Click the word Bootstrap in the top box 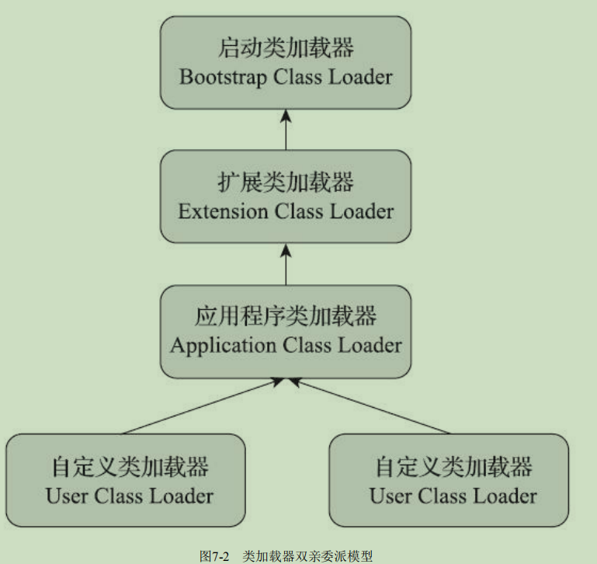[217, 77]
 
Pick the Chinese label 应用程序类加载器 [286, 316]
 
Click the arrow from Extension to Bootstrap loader [286, 129]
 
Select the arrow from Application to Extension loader [286, 263]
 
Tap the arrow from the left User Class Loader [199, 406]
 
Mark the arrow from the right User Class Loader [373, 406]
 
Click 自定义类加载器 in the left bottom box [127, 467]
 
